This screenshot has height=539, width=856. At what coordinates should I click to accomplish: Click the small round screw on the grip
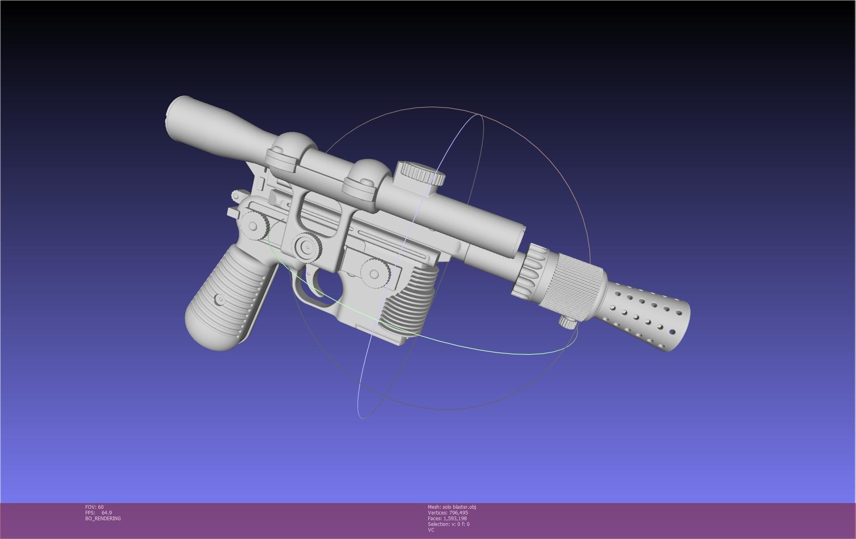pyautogui.click(x=221, y=300)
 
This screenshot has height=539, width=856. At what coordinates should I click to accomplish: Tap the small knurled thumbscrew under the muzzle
pyautogui.click(x=567, y=323)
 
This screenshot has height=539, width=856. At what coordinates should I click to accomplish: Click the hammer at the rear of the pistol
pyautogui.click(x=238, y=196)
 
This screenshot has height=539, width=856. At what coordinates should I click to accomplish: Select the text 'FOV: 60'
pyautogui.click(x=94, y=507)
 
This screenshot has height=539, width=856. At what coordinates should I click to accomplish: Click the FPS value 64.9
pyautogui.click(x=107, y=512)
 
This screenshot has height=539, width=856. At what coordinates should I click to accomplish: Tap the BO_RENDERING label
pyautogui.click(x=103, y=518)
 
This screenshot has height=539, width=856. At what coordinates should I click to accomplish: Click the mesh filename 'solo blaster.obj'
pyautogui.click(x=459, y=507)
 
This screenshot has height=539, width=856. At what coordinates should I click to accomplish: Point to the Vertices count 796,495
pyautogui.click(x=458, y=512)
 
